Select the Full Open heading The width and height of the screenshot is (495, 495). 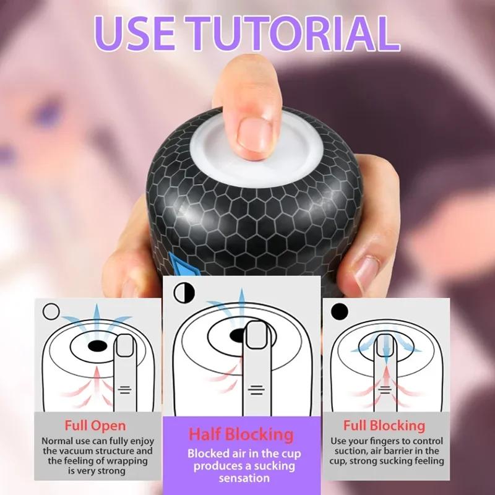point(95,426)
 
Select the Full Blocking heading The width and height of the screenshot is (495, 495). point(385,426)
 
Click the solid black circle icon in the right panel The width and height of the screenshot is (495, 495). point(339,310)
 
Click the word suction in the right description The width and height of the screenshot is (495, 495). point(349,451)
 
